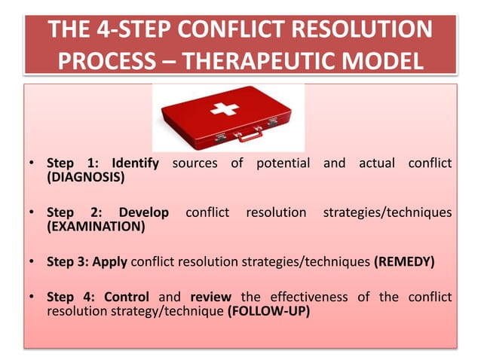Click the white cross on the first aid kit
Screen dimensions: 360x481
[x=223, y=110]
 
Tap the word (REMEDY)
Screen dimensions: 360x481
[x=405, y=262]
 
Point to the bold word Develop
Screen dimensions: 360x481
[x=143, y=212]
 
